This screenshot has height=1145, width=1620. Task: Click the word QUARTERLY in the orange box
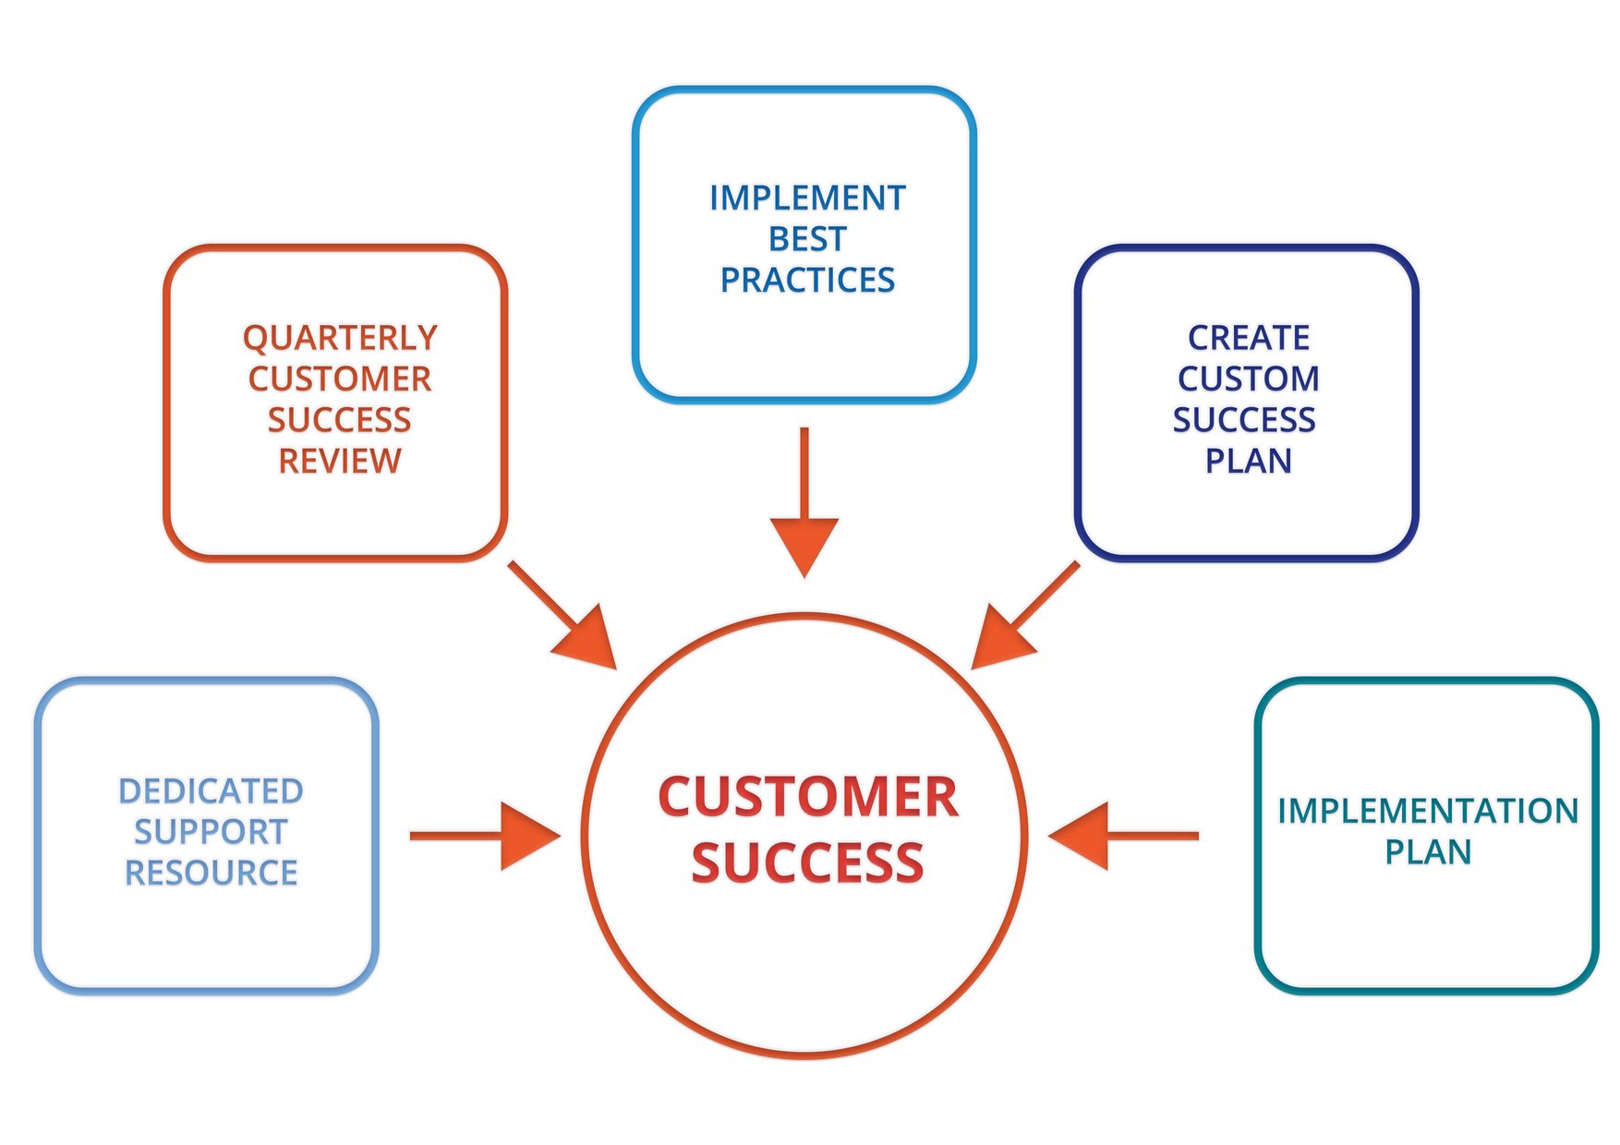tap(340, 339)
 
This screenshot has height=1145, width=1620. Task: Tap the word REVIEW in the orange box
tap(340, 461)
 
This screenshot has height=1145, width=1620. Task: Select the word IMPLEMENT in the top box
tap(807, 199)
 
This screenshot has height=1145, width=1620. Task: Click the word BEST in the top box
tap(807, 239)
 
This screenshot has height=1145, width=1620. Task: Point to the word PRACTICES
tap(807, 280)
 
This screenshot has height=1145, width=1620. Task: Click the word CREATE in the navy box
tap(1248, 338)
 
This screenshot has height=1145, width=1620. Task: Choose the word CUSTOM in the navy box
tap(1248, 379)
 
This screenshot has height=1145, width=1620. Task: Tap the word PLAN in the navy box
tap(1248, 461)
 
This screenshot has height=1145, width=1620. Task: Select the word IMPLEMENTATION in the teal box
tap(1428, 811)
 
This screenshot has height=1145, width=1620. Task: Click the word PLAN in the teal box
tap(1428, 851)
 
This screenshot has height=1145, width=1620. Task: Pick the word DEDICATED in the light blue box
tap(211, 791)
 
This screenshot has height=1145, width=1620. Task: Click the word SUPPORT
tap(211, 832)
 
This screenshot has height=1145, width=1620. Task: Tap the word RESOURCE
tap(211, 873)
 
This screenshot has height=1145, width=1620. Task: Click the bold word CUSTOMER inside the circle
tap(807, 797)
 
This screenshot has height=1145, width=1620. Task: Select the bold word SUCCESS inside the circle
tap(807, 862)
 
